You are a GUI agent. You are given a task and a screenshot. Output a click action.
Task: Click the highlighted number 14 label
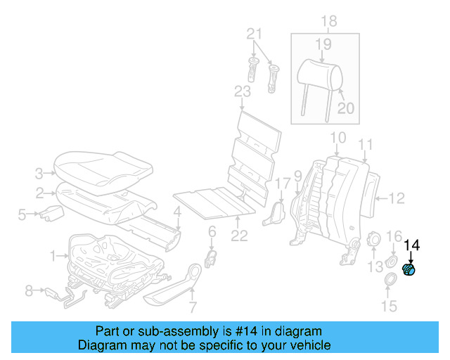(412, 245)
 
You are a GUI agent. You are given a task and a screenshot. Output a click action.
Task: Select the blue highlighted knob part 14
(409, 270)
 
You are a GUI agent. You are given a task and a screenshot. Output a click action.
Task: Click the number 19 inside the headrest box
(322, 45)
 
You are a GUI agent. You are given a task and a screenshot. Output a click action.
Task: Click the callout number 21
(254, 34)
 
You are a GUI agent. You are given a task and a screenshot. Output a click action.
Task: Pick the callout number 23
(242, 92)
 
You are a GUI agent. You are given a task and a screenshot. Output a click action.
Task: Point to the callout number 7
(192, 307)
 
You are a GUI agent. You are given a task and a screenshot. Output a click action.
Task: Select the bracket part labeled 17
(275, 213)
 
